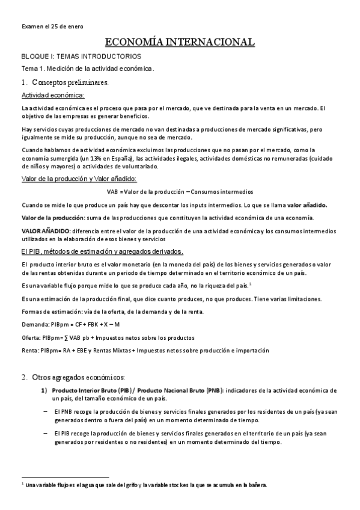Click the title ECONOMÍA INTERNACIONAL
tap(180, 41)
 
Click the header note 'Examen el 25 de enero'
tap(52, 26)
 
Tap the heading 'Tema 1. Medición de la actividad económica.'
tap(88, 69)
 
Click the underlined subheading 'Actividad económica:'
tap(53, 96)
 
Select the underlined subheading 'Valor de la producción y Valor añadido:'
tap(79, 179)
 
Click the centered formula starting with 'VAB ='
tap(180, 192)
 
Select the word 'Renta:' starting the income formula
tap(31, 350)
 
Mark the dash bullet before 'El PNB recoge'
tap(46, 411)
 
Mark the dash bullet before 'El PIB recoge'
tap(46, 432)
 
